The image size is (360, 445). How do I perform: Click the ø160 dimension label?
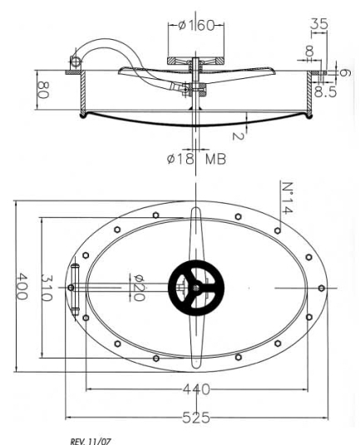196,25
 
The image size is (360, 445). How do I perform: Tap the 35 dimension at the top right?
319,23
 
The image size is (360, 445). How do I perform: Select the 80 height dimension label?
43,90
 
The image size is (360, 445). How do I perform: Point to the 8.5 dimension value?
325,91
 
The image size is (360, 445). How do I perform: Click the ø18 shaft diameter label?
180,158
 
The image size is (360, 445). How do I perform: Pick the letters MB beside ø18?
215,159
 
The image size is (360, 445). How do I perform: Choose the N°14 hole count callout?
287,197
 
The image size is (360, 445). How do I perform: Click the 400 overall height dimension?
22,286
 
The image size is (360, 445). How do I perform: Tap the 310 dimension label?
47,288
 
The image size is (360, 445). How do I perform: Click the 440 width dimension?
196,389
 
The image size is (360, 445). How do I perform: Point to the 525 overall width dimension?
196,418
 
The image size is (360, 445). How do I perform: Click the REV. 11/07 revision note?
91,441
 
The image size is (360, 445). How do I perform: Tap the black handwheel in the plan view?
196,288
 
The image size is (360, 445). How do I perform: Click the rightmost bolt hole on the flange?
321,288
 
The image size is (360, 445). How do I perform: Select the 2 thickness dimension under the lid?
238,136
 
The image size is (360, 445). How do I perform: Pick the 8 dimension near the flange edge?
309,51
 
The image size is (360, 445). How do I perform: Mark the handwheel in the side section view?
195,61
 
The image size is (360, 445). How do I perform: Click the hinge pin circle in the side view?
76,62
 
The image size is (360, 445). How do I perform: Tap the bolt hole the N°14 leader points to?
278,230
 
